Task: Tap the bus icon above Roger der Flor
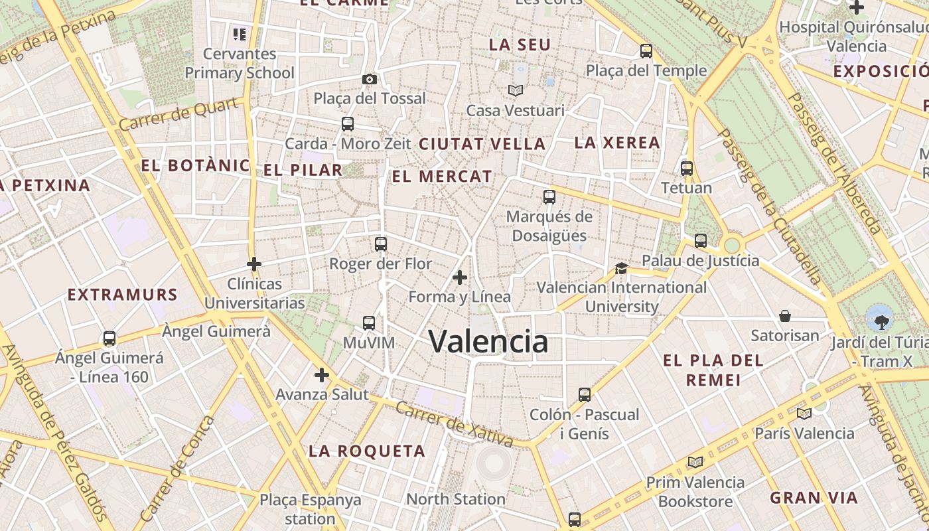[x=381, y=244]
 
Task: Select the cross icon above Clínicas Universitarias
[x=253, y=264]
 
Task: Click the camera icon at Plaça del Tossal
[x=370, y=80]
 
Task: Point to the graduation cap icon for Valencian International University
[x=621, y=268]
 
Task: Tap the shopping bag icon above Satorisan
[x=785, y=316]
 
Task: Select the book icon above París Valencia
[x=804, y=414]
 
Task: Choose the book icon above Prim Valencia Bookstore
[x=695, y=463]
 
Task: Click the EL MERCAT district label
[x=442, y=177]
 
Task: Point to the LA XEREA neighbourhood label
[x=617, y=143]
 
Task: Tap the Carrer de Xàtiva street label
[x=454, y=423]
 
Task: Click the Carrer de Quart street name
[x=179, y=114]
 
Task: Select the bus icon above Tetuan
[x=687, y=169]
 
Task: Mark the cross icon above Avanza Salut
[x=322, y=375]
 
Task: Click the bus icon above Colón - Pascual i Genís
[x=585, y=395]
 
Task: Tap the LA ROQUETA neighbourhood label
[x=367, y=451]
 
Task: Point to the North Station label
[x=456, y=499]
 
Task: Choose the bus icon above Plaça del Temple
[x=646, y=51]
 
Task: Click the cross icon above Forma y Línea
[x=460, y=277]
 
